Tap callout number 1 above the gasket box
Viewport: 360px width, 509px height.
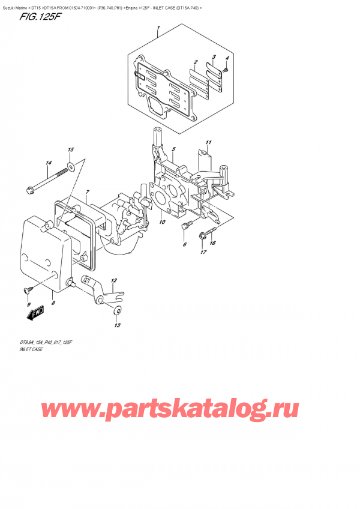pos(158,28)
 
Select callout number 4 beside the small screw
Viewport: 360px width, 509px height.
pos(227,58)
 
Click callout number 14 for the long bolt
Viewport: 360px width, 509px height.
pos(49,163)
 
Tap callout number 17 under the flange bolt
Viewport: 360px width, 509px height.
pos(202,252)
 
